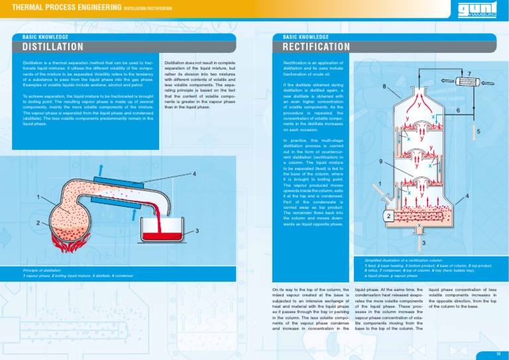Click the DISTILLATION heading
[x=53, y=47]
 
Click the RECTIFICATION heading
[x=316, y=47]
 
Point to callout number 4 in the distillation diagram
[x=194, y=174]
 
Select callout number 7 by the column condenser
[x=469, y=74]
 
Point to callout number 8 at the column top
[x=384, y=86]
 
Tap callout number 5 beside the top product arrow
[x=479, y=131]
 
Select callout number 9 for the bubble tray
[x=380, y=161]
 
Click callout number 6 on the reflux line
[x=458, y=109]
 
